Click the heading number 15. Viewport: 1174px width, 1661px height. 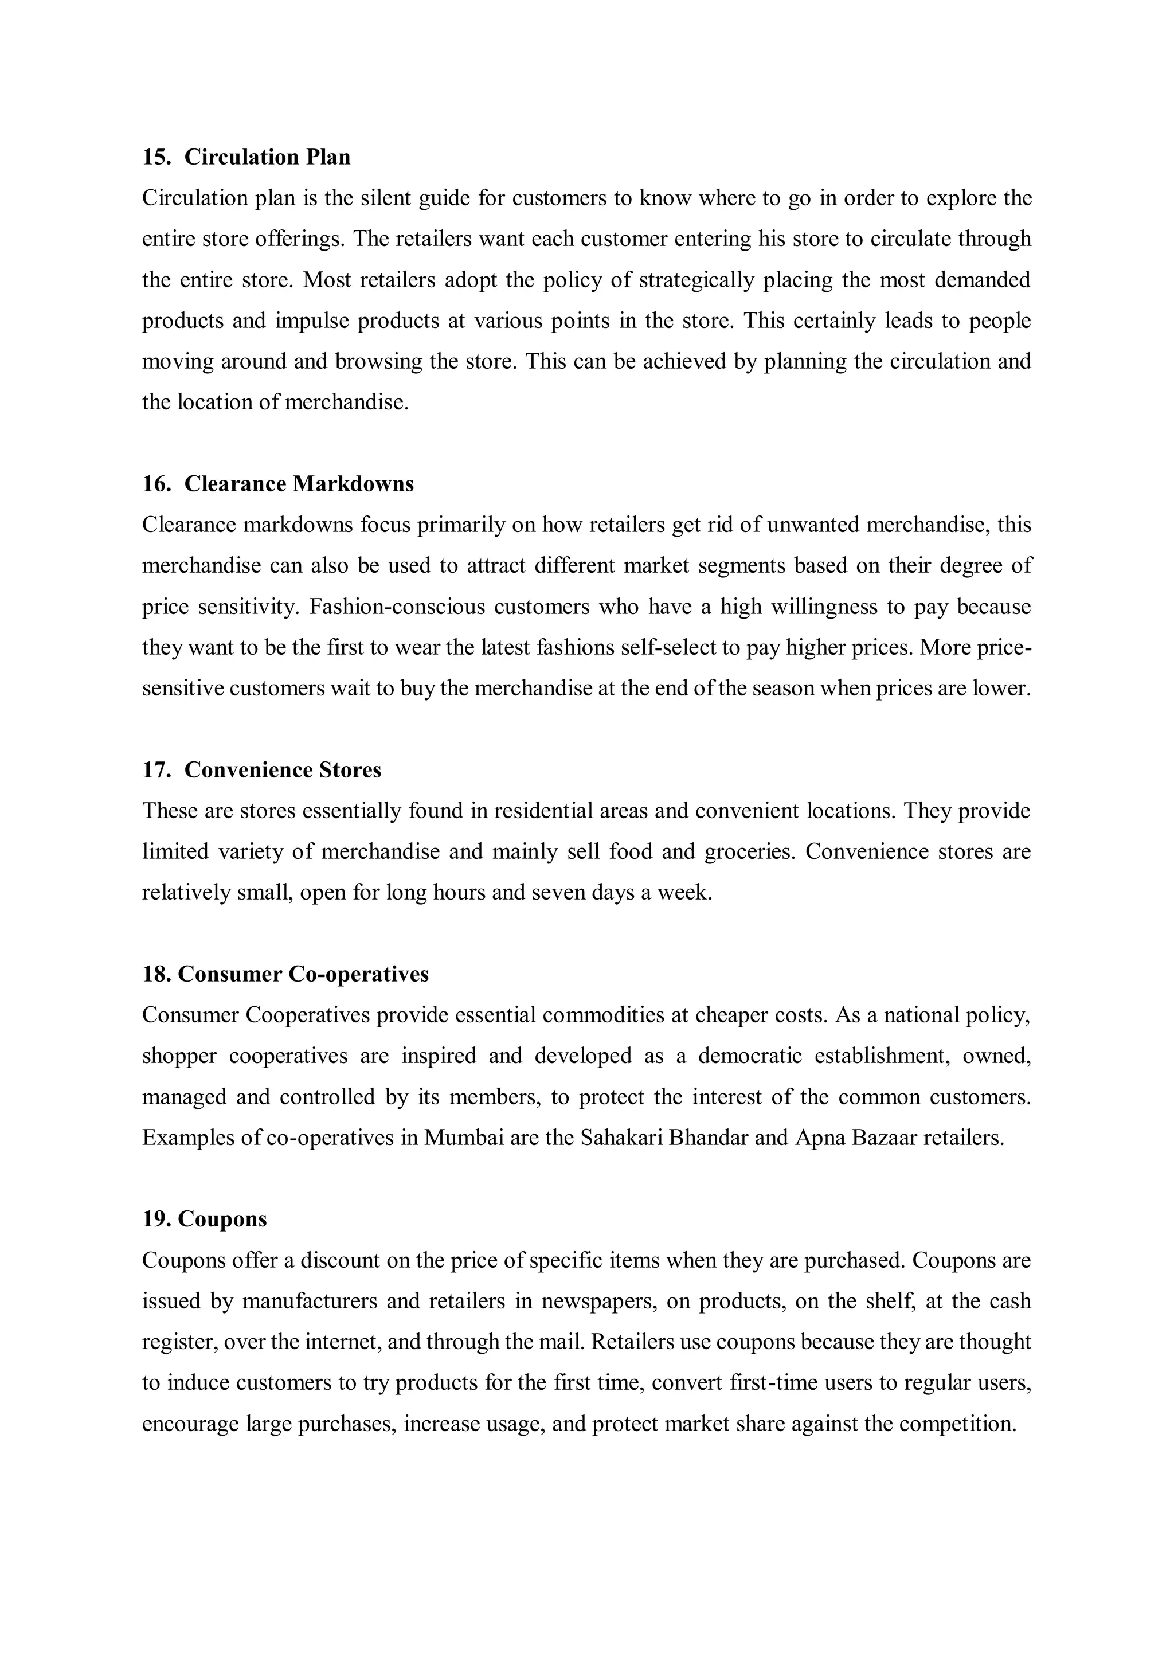[x=155, y=157]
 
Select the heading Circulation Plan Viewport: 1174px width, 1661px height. [x=267, y=157]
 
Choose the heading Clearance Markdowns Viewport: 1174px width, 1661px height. [x=299, y=483]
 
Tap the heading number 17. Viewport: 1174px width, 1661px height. [x=155, y=770]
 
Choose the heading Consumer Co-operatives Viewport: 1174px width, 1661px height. [x=303, y=975]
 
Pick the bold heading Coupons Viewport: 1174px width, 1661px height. [x=222, y=1219]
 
